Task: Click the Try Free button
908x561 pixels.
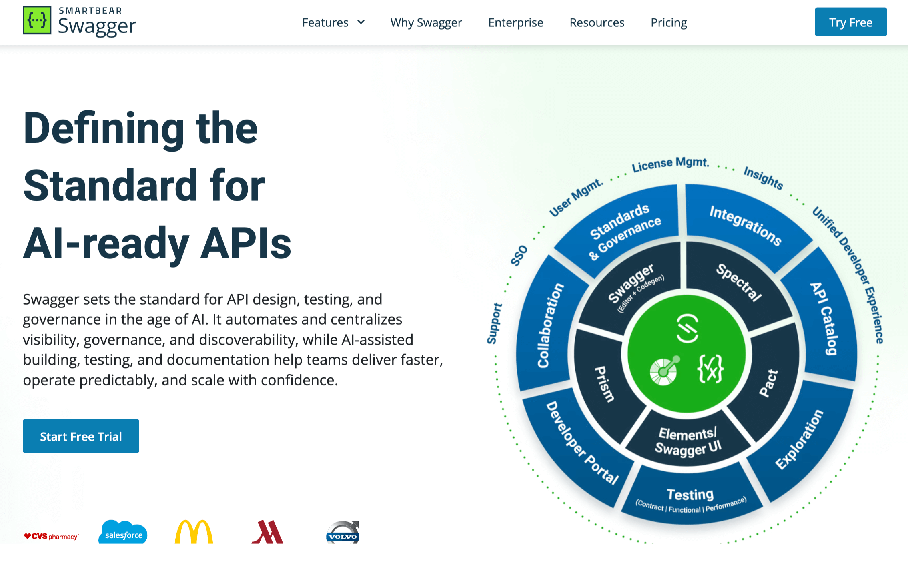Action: click(x=850, y=22)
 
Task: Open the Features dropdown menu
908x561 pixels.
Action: click(x=333, y=22)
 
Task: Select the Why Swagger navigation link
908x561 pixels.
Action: click(x=426, y=22)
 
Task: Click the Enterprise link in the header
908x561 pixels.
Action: click(x=515, y=22)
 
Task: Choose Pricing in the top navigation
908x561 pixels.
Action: click(x=669, y=22)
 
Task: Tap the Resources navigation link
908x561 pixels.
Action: click(x=597, y=22)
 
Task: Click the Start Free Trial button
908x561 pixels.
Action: click(x=81, y=436)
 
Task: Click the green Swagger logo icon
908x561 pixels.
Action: click(x=37, y=20)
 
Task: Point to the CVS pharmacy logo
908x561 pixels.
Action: click(x=51, y=536)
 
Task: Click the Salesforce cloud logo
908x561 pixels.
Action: click(x=123, y=532)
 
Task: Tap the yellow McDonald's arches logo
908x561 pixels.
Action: click(x=194, y=532)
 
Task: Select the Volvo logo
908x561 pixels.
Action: click(x=343, y=532)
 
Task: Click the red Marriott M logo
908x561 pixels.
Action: click(x=267, y=532)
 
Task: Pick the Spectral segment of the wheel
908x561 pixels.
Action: click(x=739, y=281)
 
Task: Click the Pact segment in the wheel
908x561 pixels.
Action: click(x=768, y=383)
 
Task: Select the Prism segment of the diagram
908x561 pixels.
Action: click(x=604, y=384)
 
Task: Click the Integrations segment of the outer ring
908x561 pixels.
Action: click(x=745, y=226)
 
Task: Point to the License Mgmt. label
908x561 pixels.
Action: click(x=670, y=164)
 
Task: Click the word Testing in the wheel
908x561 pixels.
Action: click(x=690, y=495)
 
